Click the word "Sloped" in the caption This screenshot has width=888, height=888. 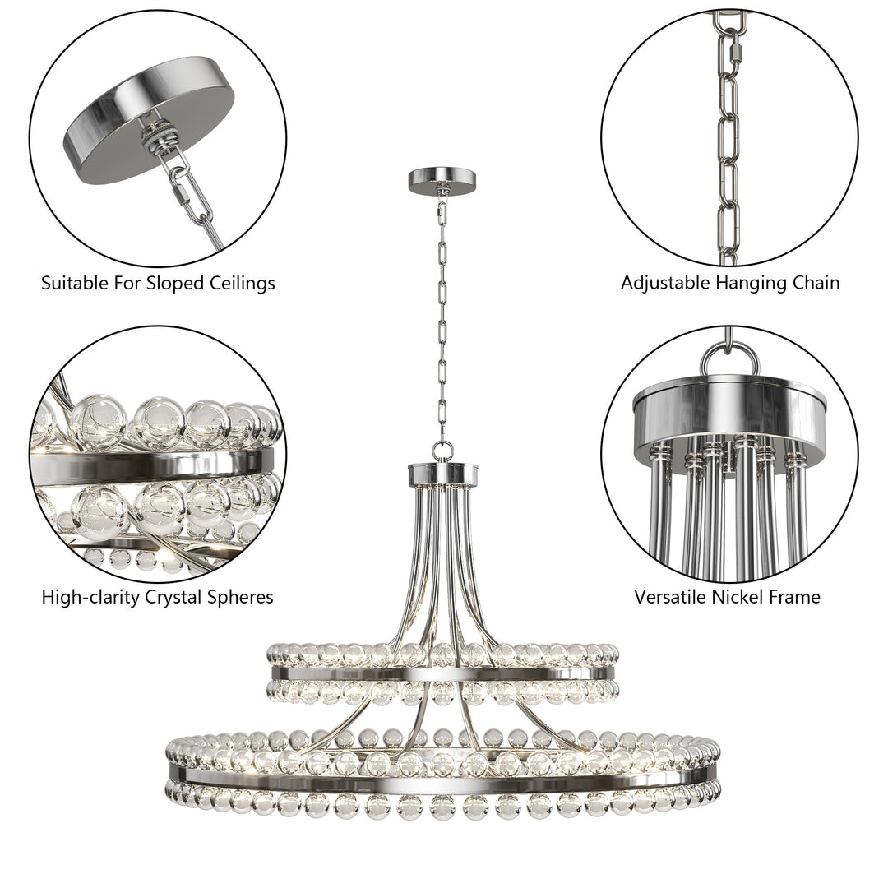coord(174,284)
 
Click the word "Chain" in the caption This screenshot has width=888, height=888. coord(815,284)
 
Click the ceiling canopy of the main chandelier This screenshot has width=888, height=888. coord(444,179)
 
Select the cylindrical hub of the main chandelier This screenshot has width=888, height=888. coord(443,474)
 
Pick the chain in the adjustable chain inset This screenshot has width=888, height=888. coord(728,140)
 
